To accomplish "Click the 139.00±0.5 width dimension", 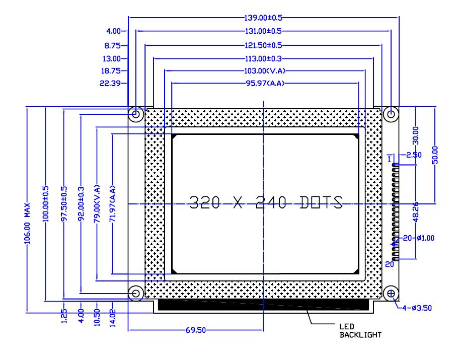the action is [x=263, y=18].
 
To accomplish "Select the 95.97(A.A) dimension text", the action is [x=265, y=84].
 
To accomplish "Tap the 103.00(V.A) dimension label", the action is [x=265, y=71].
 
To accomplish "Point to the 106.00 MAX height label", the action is [x=27, y=224].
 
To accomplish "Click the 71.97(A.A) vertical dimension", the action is [x=113, y=204].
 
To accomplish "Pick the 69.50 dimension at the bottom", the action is [x=196, y=330].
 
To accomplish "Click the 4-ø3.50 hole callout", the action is [x=417, y=308].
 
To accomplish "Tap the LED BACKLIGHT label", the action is [x=360, y=331].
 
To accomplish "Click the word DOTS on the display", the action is [x=321, y=202].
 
